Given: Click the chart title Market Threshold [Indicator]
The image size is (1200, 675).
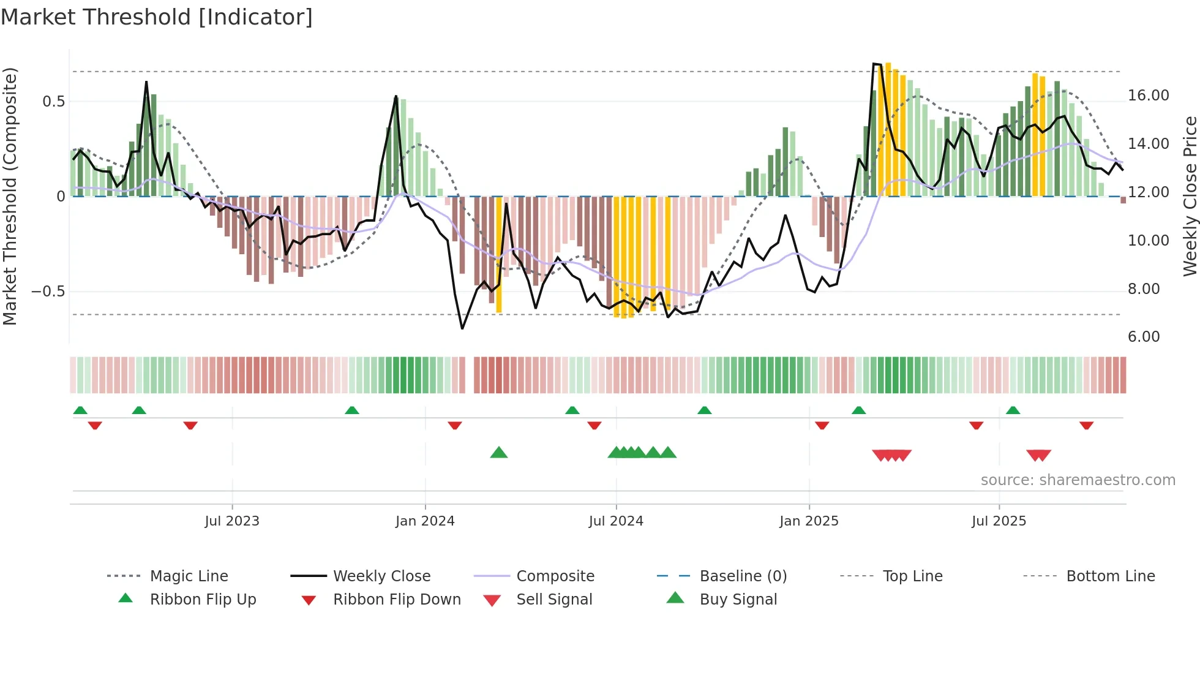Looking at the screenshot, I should pos(157,17).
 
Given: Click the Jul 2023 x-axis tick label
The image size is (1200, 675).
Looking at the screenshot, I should pos(232,521).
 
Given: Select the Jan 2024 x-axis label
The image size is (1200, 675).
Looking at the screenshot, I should pos(425,521).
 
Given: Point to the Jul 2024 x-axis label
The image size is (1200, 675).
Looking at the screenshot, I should pos(616,521).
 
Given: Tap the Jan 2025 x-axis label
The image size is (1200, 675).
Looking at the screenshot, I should pos(809,521).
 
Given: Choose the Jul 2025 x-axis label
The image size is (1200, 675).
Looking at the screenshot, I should pos(999,521).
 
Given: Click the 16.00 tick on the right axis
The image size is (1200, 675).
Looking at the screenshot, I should pos(1148,96).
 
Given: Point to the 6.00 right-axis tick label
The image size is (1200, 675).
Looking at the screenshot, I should pos(1144,337).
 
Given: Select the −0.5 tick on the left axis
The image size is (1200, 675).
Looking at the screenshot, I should pos(48,292).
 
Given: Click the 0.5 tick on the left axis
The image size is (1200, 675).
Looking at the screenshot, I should pos(53,102).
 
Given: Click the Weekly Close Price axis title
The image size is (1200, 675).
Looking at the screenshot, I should pos(1190,196).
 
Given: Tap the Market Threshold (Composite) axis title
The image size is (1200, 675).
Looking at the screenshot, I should pos(10,196).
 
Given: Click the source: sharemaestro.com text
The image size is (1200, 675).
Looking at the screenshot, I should pos(1078,480).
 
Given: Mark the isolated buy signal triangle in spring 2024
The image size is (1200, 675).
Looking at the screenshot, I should pos(499,453).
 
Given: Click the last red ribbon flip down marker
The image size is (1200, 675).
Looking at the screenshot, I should pos(1086,425).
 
